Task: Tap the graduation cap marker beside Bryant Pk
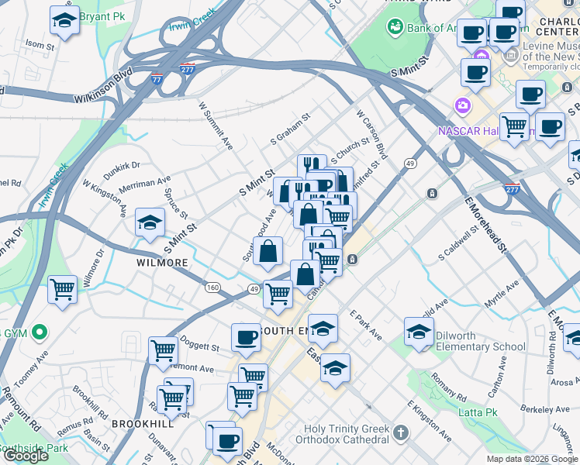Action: pos(64,21)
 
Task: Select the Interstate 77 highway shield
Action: pos(157,79)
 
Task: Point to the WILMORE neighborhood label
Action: pos(163,263)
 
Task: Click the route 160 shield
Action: pos(212,288)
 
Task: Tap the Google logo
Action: pos(26,456)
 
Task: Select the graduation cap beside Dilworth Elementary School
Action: pos(419,332)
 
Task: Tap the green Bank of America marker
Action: pos(395,27)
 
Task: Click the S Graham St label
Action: pos(290,129)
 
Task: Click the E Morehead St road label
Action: pos(485,225)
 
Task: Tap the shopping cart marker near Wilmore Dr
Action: pos(62,291)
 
